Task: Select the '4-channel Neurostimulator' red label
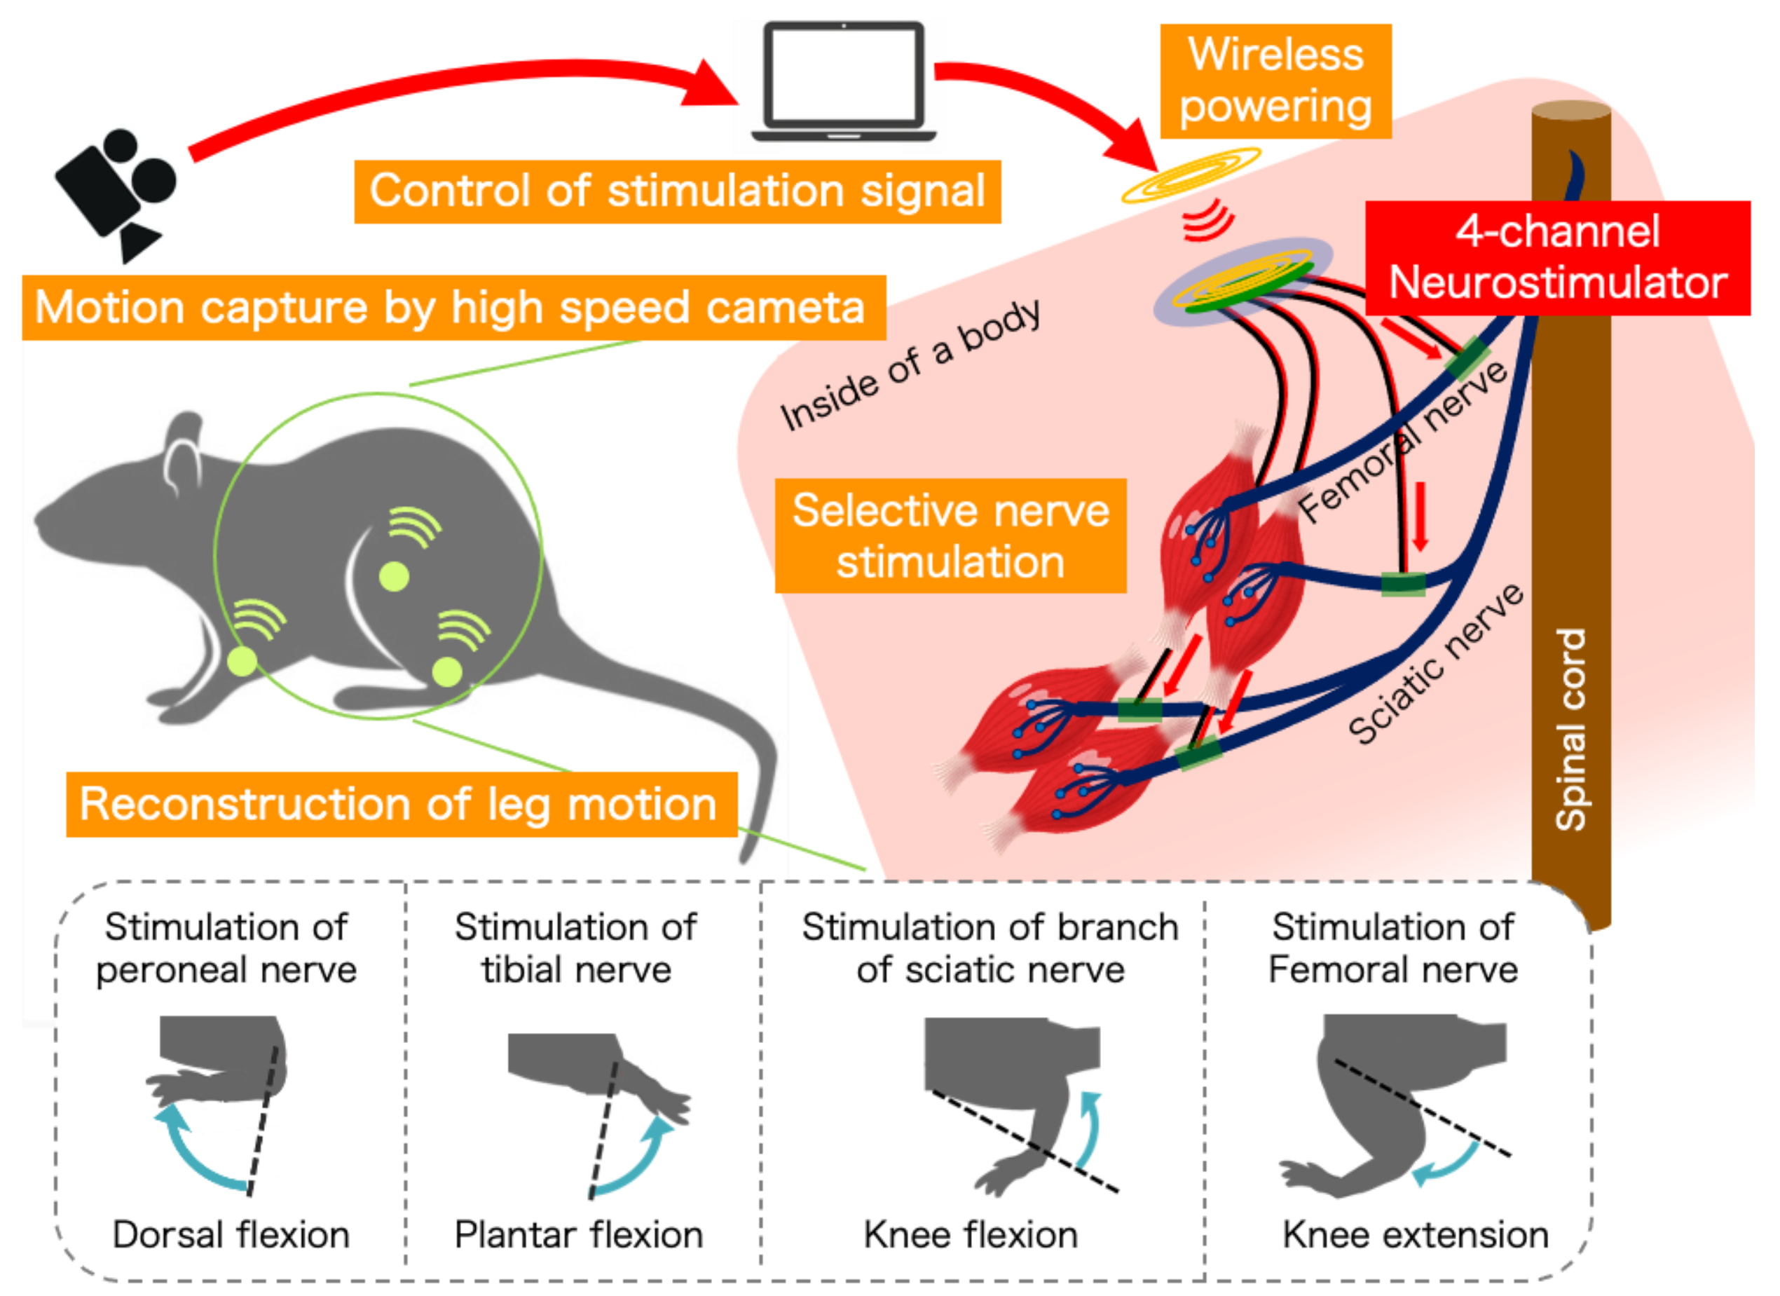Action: point(1557,257)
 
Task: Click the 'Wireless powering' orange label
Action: point(1275,81)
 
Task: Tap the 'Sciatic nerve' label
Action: point(1435,664)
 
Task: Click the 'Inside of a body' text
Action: point(910,366)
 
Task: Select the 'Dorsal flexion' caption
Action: point(230,1235)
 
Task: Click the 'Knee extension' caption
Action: point(1415,1235)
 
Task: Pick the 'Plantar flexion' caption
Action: point(578,1235)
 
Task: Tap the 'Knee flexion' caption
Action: point(970,1235)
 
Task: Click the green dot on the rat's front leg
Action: point(242,662)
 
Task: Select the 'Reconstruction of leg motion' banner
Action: point(401,805)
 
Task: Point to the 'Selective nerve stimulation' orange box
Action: point(950,536)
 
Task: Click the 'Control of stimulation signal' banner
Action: point(676,192)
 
